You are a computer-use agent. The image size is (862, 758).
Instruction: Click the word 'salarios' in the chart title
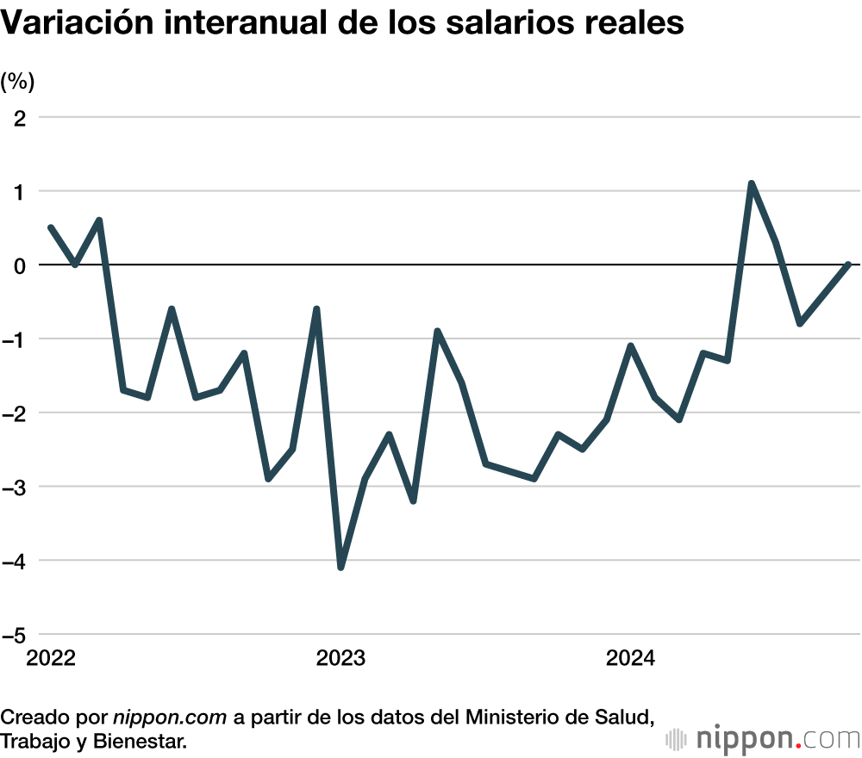point(502,23)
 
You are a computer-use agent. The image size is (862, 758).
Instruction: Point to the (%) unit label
point(18,82)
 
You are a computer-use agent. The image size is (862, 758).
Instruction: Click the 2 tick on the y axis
point(20,117)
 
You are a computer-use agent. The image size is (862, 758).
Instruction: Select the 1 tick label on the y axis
point(20,191)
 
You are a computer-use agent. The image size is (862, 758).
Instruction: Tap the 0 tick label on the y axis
point(19,265)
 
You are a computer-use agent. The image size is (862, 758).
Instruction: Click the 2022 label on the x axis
point(51,659)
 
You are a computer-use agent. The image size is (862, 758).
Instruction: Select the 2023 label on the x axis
point(340,659)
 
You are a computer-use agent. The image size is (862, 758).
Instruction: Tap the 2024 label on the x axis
point(630,659)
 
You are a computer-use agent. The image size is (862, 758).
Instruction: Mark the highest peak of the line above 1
point(752,183)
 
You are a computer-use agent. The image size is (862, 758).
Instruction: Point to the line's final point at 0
point(849,264)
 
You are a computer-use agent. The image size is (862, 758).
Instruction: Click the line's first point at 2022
point(51,227)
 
